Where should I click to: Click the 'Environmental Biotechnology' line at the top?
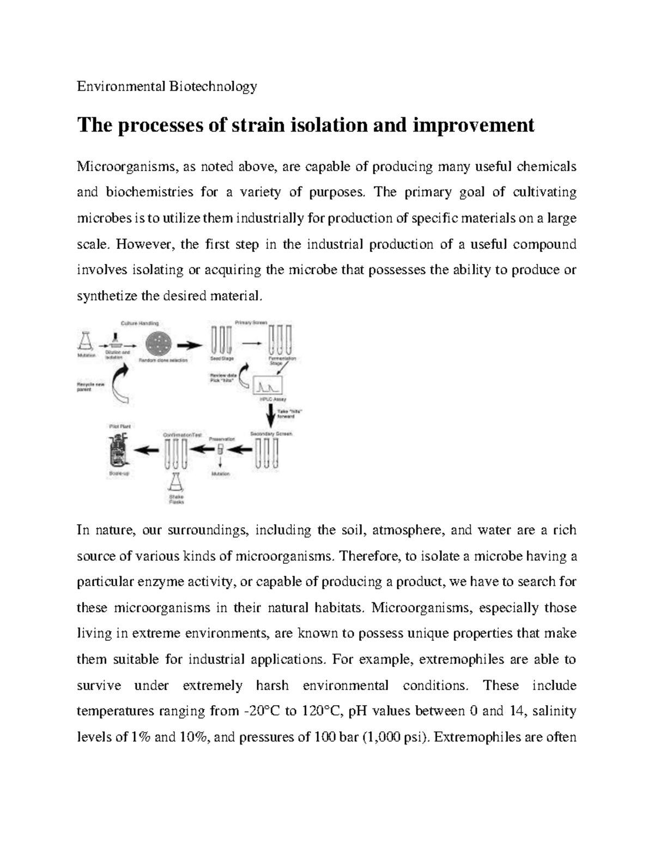pos(166,86)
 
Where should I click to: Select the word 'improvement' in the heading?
pos(474,125)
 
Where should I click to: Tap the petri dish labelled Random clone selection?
pos(159,344)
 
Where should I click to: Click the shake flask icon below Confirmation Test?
pos(175,482)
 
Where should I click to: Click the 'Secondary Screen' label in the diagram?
pos(271,434)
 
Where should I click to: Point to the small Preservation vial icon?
pos(220,449)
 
